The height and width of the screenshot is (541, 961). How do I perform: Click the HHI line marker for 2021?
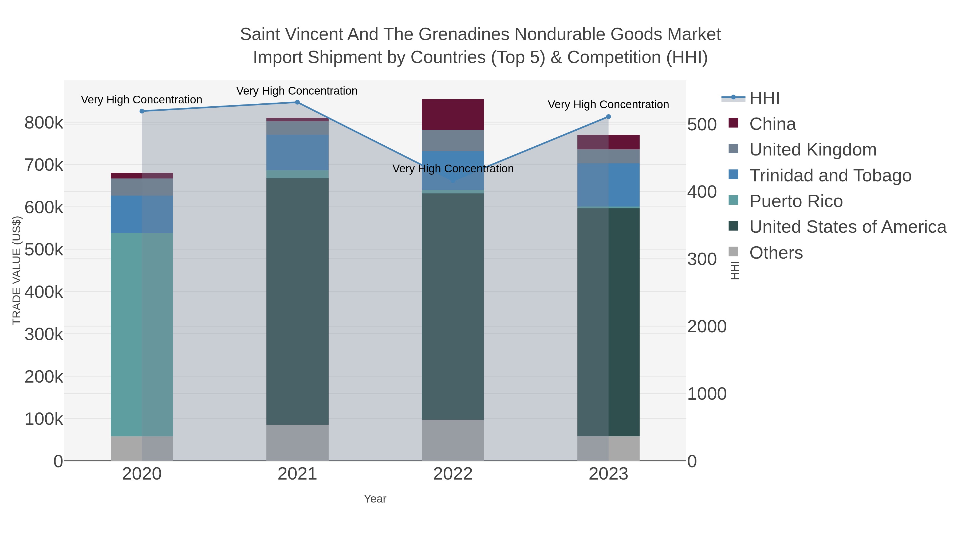(297, 102)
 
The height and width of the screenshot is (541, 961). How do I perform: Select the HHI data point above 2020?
(142, 111)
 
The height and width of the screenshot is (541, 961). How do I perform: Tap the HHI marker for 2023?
(608, 116)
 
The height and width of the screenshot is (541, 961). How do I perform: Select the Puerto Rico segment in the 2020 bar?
(142, 334)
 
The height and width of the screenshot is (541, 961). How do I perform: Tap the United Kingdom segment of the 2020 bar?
(142, 187)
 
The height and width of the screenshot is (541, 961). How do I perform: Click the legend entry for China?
(772, 124)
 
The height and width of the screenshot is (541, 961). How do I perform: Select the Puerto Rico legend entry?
(796, 201)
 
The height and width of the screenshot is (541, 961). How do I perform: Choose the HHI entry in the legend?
(764, 98)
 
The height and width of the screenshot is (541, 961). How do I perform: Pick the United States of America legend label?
(848, 227)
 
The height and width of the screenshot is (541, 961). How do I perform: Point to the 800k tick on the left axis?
(44, 123)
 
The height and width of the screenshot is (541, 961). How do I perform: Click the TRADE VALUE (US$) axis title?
(17, 270)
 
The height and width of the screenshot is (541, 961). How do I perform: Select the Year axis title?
(375, 499)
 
